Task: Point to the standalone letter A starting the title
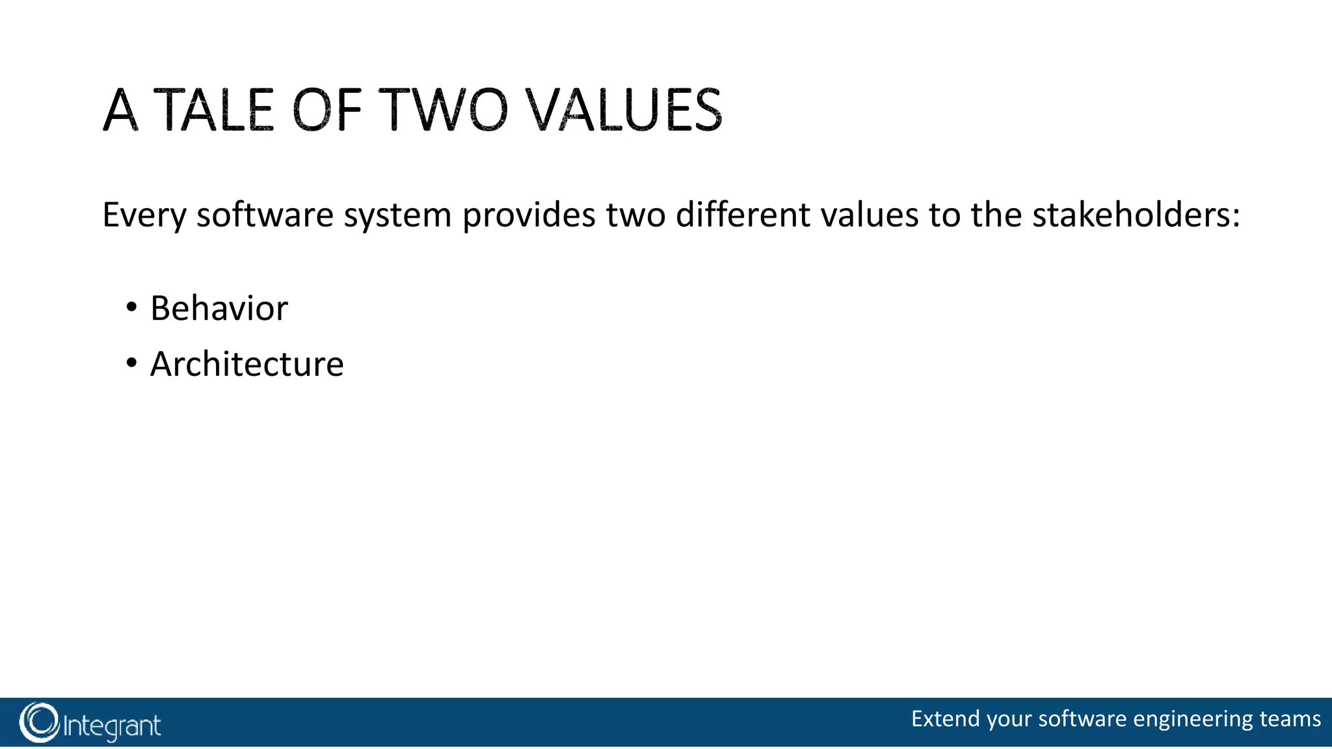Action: pos(121,110)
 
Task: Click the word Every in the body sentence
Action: pos(144,215)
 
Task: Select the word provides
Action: pos(529,215)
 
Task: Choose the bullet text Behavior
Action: pos(219,308)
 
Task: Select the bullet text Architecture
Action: pos(247,364)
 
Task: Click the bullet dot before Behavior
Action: pos(131,306)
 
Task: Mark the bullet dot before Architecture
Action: pos(131,363)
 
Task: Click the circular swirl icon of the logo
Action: pos(39,722)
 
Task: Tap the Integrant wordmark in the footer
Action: pos(112,726)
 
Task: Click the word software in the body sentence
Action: pos(265,215)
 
